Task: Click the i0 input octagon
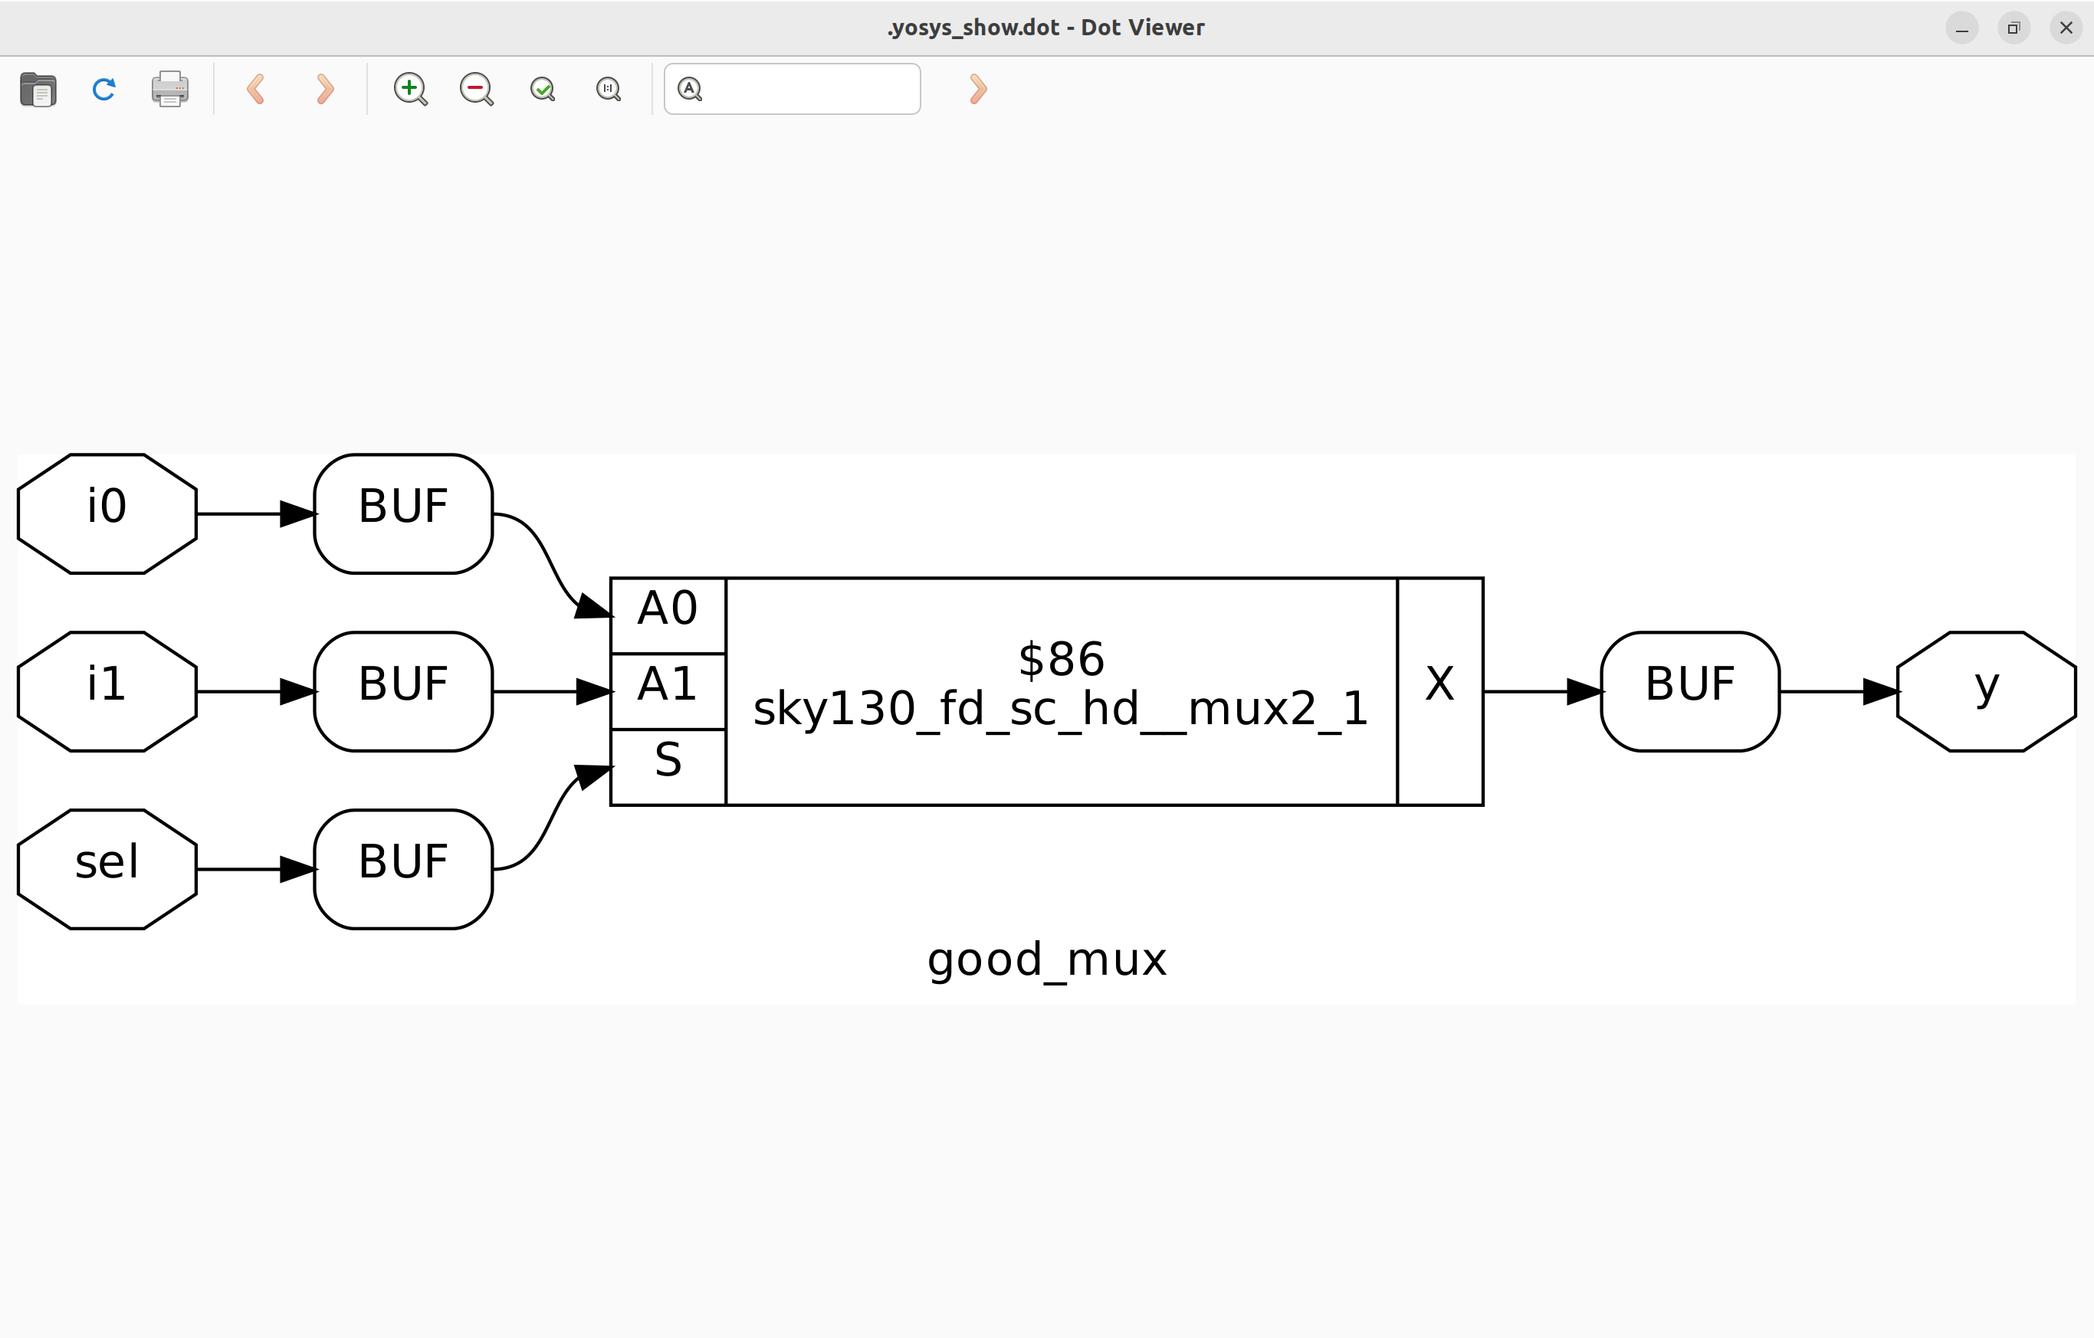[107, 513]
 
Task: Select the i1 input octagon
[107, 691]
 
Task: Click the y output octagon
[1986, 691]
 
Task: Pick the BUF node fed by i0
[403, 513]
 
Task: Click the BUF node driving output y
[1689, 691]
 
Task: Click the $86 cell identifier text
[1061, 659]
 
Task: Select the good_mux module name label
[1047, 959]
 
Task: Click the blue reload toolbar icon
[103, 89]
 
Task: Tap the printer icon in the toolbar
[169, 89]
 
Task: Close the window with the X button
[2066, 28]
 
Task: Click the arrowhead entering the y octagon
[1880, 691]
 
